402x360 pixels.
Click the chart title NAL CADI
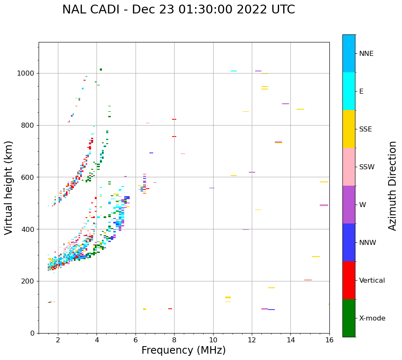(x=178, y=10)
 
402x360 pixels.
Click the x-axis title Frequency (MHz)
(x=183, y=350)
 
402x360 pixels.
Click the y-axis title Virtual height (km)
(x=9, y=188)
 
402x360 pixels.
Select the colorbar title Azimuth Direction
(x=392, y=186)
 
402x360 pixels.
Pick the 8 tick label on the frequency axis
(x=174, y=340)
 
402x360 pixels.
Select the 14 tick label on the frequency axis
(x=290, y=340)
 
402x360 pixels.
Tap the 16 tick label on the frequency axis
(x=329, y=340)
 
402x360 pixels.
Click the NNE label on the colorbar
(x=366, y=54)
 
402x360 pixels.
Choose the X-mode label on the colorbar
(x=372, y=318)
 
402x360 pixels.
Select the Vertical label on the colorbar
(x=372, y=281)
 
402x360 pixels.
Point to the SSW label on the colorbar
(x=367, y=167)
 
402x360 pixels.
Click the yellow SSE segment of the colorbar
(x=349, y=129)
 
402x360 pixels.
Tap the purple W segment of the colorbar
(x=349, y=205)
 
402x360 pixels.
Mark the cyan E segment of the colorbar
(x=349, y=91)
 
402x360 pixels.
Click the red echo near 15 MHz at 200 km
(x=308, y=280)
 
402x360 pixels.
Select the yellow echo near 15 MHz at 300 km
(x=316, y=257)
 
